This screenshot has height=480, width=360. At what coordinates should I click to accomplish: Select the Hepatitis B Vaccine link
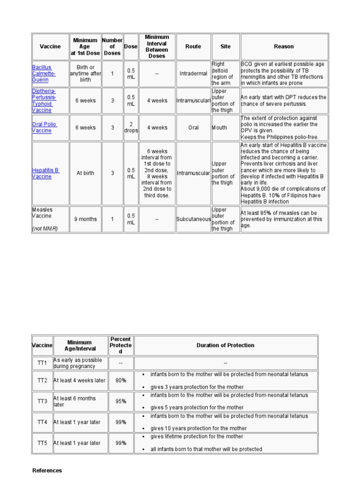point(45,173)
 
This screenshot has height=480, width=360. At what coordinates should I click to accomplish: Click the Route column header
point(193,46)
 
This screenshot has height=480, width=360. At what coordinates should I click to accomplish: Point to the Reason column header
point(284,46)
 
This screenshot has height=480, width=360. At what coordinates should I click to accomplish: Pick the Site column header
point(225,46)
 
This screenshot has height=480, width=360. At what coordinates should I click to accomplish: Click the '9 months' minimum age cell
point(85,219)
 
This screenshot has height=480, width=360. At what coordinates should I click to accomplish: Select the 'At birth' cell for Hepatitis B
point(85,173)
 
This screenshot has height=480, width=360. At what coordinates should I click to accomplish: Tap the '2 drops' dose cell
point(131,127)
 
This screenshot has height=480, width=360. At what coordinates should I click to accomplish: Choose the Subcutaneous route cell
point(194,219)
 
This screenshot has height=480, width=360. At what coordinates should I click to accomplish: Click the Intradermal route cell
point(193,74)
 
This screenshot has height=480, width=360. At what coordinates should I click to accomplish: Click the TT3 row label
point(42,401)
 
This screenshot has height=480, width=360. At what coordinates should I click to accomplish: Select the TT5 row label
point(42,443)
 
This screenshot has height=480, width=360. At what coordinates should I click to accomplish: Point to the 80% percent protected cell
point(120,381)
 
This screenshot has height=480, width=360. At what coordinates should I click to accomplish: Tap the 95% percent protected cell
point(120,401)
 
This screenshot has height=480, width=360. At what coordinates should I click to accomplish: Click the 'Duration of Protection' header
point(225,345)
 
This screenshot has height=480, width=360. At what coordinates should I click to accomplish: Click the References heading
point(47,470)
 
